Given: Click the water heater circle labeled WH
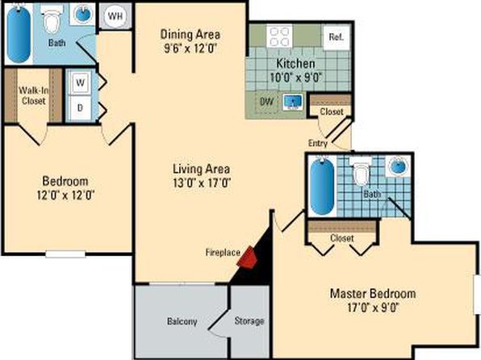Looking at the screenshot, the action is click(x=115, y=16).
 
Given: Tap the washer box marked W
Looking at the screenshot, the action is click(x=80, y=82).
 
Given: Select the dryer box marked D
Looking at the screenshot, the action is click(x=80, y=107).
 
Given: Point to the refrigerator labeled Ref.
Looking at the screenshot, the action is click(x=337, y=37).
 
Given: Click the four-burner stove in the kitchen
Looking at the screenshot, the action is click(x=279, y=37).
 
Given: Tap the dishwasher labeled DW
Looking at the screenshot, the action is click(x=267, y=103).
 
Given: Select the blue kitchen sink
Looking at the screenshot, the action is click(x=292, y=103).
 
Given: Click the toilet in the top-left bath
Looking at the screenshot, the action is click(x=52, y=21).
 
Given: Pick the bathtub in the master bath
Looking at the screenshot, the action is click(x=322, y=186).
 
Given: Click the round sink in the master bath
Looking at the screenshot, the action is click(x=398, y=166).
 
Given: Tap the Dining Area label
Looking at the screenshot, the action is click(x=190, y=34).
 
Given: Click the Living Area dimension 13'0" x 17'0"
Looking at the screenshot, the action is click(x=202, y=183).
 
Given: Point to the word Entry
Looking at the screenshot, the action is click(x=318, y=144).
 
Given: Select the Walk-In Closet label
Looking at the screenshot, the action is click(x=34, y=96).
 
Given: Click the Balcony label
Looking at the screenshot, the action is click(x=182, y=321).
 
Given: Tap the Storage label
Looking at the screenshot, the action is click(x=249, y=321).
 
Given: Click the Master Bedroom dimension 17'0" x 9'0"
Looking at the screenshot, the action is click(x=373, y=308).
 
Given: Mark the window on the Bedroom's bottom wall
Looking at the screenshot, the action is click(x=65, y=254).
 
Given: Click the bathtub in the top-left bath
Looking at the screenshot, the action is click(x=19, y=35).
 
